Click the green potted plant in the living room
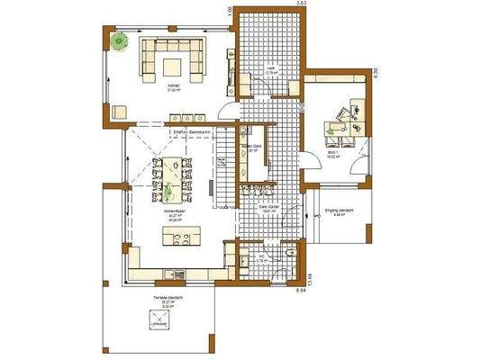click(x=119, y=40)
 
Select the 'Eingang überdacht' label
click(x=340, y=212)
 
